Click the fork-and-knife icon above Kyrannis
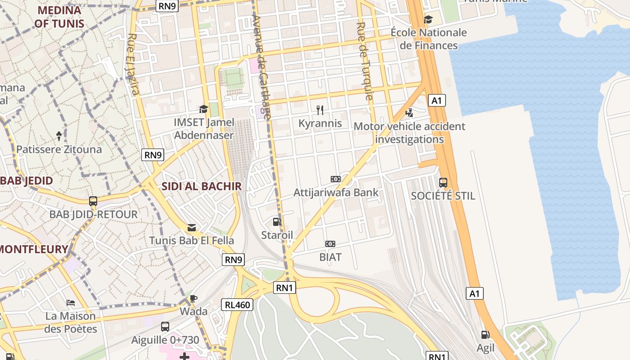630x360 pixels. pos(320,110)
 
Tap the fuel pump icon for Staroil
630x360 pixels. pos(277,221)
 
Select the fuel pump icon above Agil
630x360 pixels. pos(485,334)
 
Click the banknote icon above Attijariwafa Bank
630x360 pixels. pos(336,179)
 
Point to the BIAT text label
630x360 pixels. pos(330,257)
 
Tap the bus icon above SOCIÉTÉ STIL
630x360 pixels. pos(443,182)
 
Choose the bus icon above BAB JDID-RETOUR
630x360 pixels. pos(93,201)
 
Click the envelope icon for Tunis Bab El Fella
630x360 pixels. pos(192,228)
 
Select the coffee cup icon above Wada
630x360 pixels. pos(193,298)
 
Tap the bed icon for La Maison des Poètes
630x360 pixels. pos(71,303)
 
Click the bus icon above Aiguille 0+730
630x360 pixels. pos(165,327)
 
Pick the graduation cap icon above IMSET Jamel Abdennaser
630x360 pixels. pos(204,109)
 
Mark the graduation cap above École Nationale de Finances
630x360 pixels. pos(428,19)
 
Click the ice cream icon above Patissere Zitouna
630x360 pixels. pos(59,135)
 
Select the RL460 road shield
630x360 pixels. pos(238,305)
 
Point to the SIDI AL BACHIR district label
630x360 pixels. pos(201,186)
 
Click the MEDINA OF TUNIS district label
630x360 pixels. pos(59,17)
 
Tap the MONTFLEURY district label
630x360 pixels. pos(34,249)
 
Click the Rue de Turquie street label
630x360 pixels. pos(365,61)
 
